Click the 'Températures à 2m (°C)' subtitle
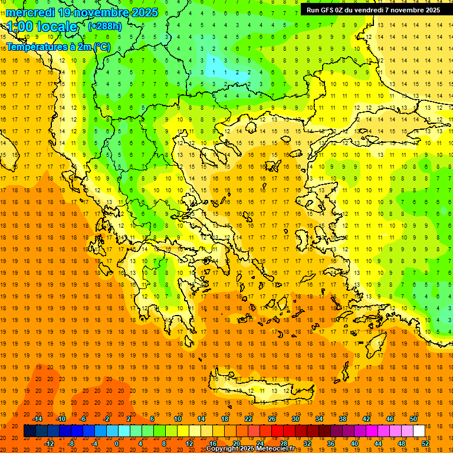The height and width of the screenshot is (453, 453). (x=58, y=47)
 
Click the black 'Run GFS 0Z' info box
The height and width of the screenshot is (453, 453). (x=373, y=10)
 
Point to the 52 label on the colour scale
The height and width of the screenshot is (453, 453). (x=425, y=443)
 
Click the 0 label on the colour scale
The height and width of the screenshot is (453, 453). (x=117, y=443)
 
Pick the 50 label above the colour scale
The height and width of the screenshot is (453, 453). (x=413, y=419)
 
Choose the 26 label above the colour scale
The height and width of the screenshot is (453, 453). (x=272, y=419)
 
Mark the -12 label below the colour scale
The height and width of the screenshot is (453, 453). (x=49, y=443)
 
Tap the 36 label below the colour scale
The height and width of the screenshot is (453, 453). (x=331, y=443)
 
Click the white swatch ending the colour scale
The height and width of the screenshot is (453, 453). (x=419, y=431)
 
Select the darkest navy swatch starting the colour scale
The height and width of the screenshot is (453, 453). (x=29, y=431)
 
